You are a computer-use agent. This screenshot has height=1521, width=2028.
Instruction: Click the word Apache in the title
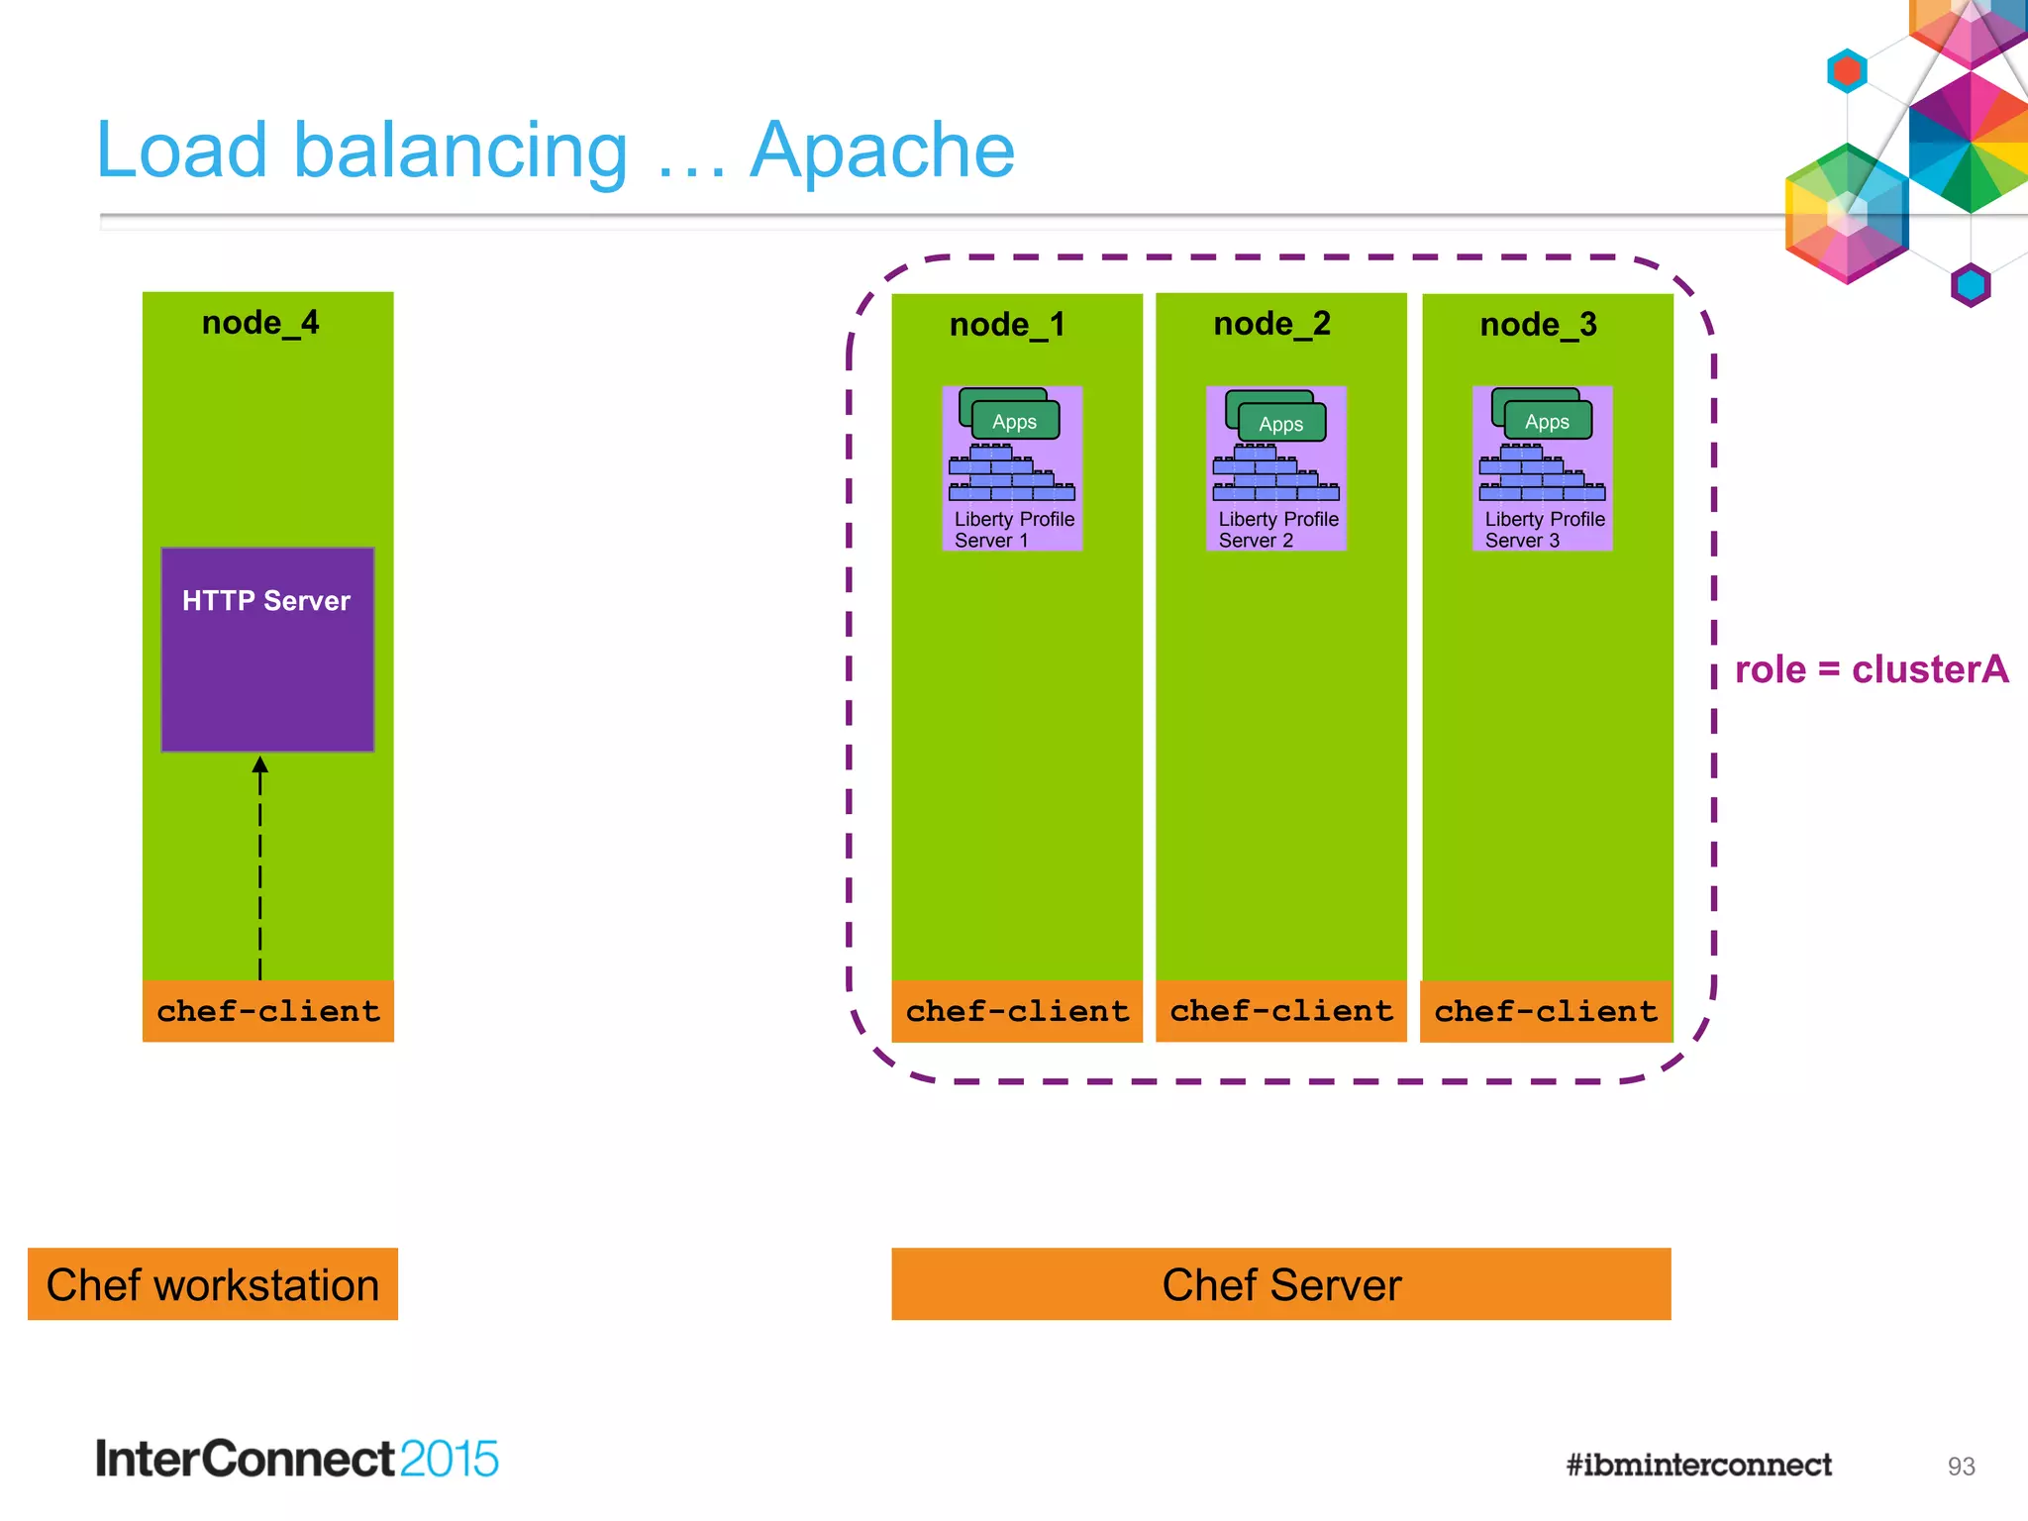click(881, 151)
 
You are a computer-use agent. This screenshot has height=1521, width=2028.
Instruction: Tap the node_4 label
click(260, 323)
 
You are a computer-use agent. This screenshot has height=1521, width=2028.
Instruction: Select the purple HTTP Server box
click(267, 650)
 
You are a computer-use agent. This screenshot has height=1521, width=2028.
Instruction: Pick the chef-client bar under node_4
click(267, 1011)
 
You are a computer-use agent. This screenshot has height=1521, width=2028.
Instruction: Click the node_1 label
click(1007, 325)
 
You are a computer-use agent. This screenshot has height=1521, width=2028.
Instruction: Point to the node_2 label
click(1271, 324)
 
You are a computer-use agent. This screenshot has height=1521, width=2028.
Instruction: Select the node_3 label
click(1538, 325)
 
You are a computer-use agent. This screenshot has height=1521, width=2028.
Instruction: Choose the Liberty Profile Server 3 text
click(1543, 530)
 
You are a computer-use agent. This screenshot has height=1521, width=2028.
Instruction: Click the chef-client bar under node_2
click(1281, 1011)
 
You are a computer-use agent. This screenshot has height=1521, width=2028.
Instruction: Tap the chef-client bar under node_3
click(1546, 1011)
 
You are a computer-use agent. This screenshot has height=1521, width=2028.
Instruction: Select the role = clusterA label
click(1871, 669)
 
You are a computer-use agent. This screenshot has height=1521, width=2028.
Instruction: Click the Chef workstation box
click(212, 1284)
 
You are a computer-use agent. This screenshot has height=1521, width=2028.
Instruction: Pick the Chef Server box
click(1280, 1284)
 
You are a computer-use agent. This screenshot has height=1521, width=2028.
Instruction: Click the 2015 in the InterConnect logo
click(449, 1459)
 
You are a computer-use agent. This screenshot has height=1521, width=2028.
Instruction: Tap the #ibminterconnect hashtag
click(1698, 1465)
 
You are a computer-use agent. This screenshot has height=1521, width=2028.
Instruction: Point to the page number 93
click(1961, 1467)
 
